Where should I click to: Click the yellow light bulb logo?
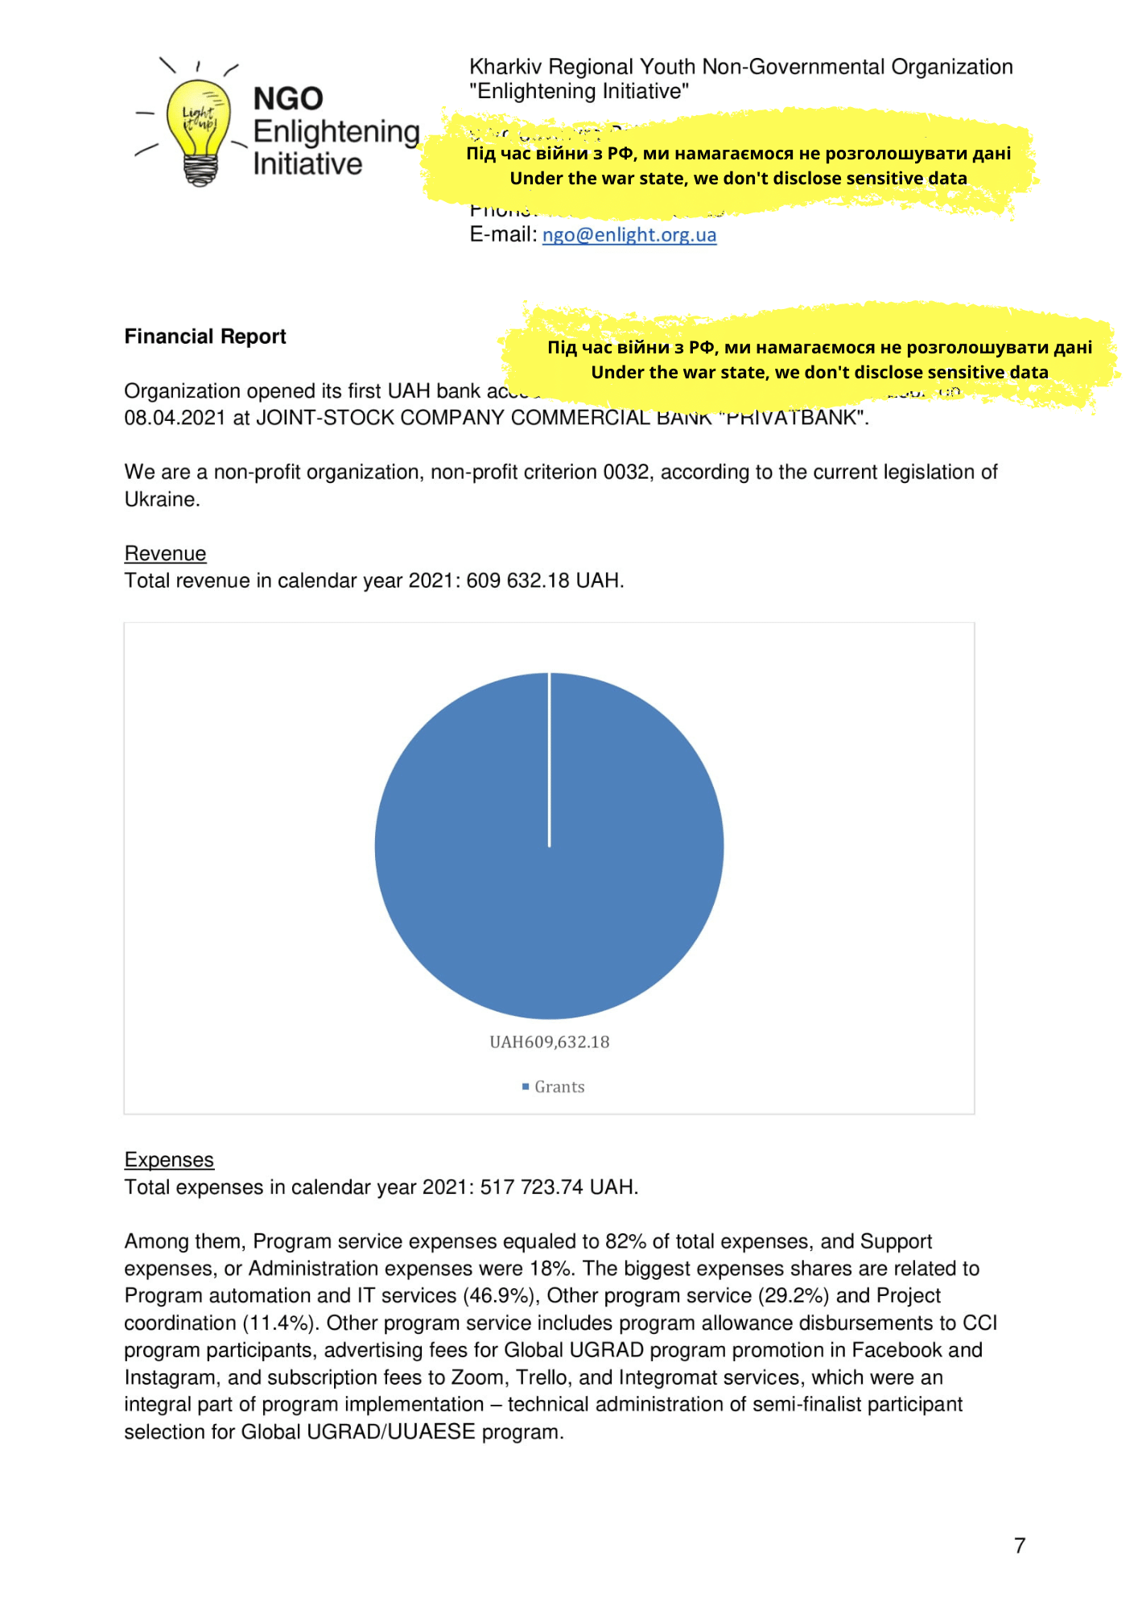coord(198,129)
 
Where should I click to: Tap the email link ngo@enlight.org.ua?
coord(629,234)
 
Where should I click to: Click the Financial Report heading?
coord(205,336)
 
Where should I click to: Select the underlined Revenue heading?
coord(165,554)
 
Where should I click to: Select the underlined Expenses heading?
coord(169,1160)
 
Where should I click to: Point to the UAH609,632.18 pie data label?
coord(550,1042)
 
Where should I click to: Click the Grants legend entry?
coord(559,1088)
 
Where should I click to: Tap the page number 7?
coord(1020,1546)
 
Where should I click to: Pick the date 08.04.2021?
coord(175,419)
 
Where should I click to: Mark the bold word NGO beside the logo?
coord(288,99)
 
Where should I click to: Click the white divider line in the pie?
coord(550,761)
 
